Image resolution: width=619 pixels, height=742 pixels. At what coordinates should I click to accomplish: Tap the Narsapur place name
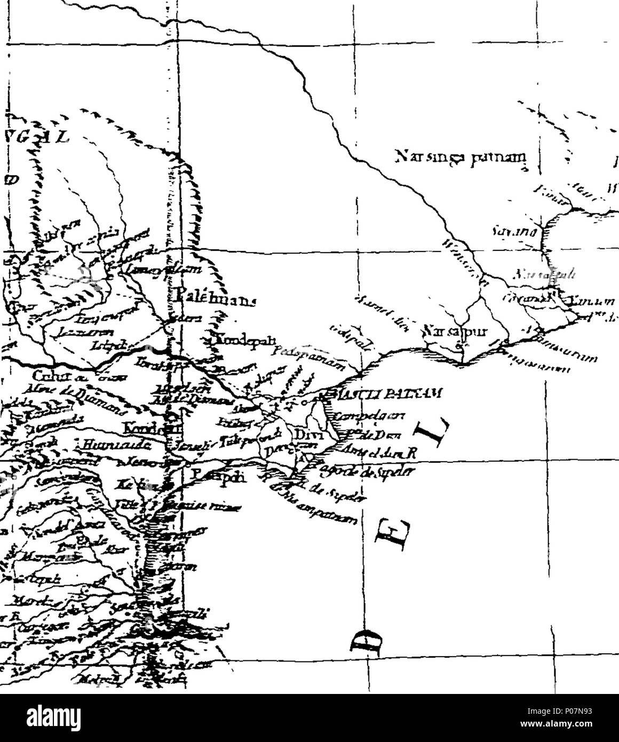[447, 331]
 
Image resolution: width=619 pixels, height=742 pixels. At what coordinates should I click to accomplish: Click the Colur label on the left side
[43, 375]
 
